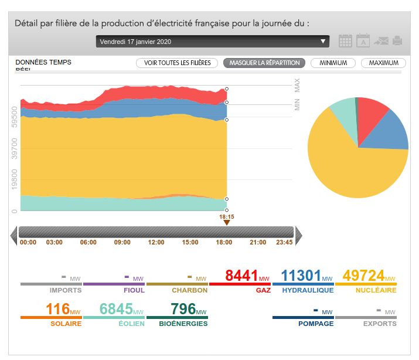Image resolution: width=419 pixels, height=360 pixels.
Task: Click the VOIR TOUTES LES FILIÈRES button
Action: (x=177, y=63)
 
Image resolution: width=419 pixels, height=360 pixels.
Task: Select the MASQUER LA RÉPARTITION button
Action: (x=264, y=63)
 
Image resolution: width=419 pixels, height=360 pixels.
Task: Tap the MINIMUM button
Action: (x=333, y=63)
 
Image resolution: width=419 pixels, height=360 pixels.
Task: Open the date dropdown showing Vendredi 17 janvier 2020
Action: (x=213, y=42)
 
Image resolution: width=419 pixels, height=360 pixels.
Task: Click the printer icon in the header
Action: (x=397, y=40)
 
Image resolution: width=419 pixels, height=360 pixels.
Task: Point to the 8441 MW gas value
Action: (x=243, y=276)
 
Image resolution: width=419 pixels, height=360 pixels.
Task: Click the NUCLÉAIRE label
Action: (x=376, y=290)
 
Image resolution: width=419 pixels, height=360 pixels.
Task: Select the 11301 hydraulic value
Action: (x=302, y=276)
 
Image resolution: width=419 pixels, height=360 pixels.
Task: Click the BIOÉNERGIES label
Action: (x=183, y=324)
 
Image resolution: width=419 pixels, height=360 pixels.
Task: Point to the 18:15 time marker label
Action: (x=227, y=216)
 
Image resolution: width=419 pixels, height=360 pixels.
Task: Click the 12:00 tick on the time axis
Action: (x=156, y=242)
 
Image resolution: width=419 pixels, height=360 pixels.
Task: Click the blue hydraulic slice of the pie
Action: (x=391, y=129)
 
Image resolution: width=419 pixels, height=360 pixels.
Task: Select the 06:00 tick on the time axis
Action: (x=88, y=242)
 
